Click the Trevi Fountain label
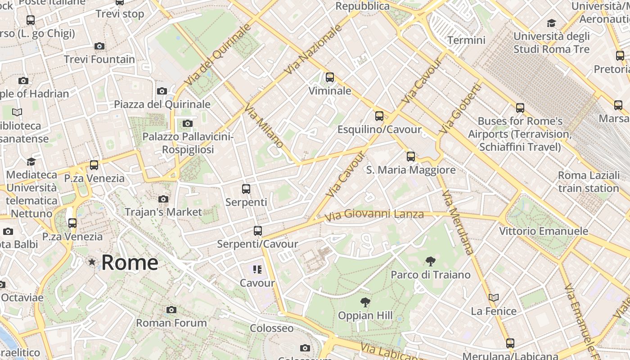pyautogui.click(x=99, y=59)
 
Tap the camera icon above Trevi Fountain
pyautogui.click(x=99, y=46)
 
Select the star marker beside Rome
pyautogui.click(x=92, y=262)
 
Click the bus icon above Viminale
pyautogui.click(x=330, y=77)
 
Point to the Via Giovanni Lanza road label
pyautogui.click(x=374, y=215)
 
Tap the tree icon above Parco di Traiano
pyautogui.click(x=431, y=261)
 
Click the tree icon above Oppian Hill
pyautogui.click(x=365, y=302)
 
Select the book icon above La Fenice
pyautogui.click(x=494, y=297)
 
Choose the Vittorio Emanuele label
pyautogui.click(x=544, y=231)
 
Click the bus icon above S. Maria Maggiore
pyautogui.click(x=411, y=157)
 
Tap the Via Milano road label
pyautogui.click(x=264, y=126)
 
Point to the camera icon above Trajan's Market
pyautogui.click(x=163, y=199)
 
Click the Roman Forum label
pyautogui.click(x=171, y=323)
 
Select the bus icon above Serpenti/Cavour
pyautogui.click(x=258, y=231)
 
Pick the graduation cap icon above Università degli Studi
pyautogui.click(x=551, y=23)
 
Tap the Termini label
pyautogui.click(x=467, y=40)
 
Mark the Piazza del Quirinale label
pyautogui.click(x=162, y=104)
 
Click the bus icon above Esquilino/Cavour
pyautogui.click(x=379, y=116)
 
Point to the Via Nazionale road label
pyautogui.click(x=314, y=49)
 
